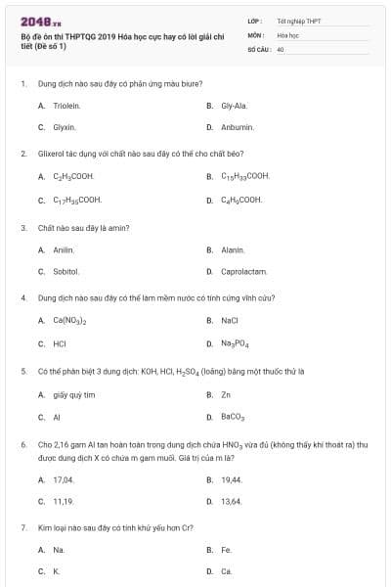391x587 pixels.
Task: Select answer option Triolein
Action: tap(65, 105)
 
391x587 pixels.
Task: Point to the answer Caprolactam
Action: tap(244, 271)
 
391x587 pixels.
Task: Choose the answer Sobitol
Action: tap(65, 271)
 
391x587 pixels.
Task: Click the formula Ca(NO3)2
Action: tap(70, 320)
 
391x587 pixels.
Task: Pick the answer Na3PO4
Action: tap(236, 344)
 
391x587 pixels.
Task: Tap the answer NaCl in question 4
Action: tap(230, 320)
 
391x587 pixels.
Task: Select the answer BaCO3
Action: tap(233, 417)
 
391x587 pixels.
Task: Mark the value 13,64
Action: tap(232, 501)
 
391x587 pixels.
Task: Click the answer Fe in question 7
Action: tap(226, 550)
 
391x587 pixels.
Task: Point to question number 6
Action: tap(23, 443)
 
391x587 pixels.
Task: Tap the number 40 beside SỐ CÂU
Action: tap(281, 48)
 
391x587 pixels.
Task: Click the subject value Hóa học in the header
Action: tap(287, 34)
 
